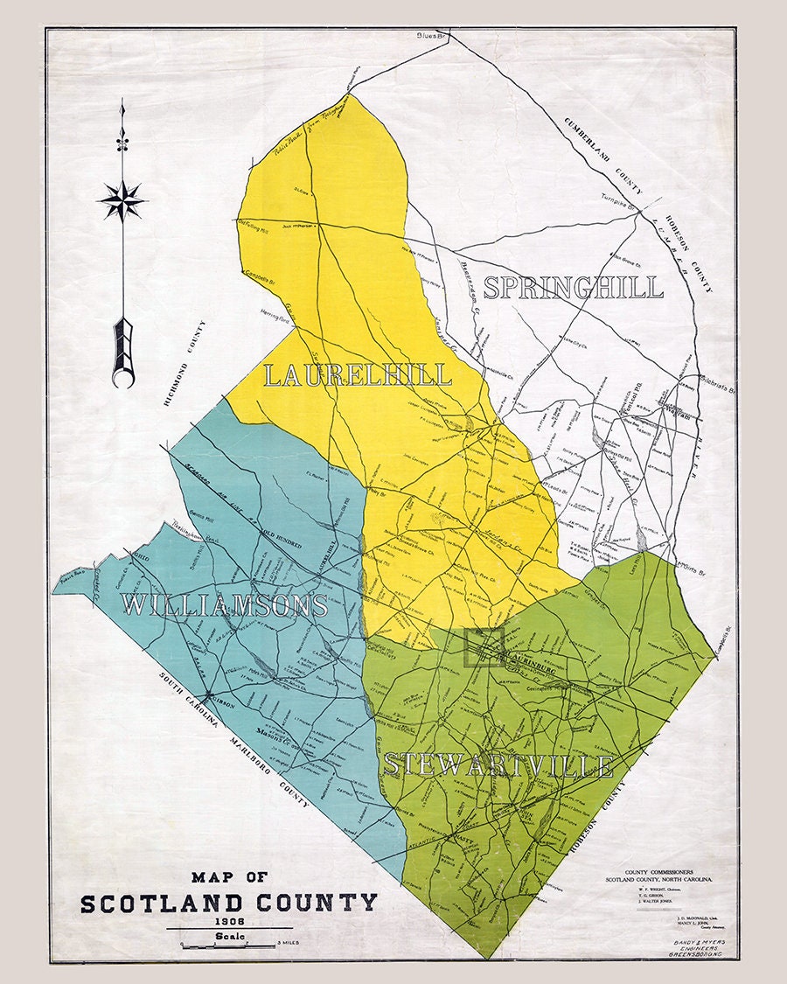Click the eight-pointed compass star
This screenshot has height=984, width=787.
pos(122,200)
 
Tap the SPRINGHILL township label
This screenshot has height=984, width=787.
pos(574,288)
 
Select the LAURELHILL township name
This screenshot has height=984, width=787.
pos(358,375)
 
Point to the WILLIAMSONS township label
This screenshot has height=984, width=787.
pos(225,604)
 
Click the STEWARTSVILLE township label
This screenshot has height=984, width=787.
pos(498,765)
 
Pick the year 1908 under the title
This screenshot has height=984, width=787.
pos(229,922)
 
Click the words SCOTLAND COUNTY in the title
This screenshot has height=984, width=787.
pos(229,903)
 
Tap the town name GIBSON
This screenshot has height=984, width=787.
pos(225,700)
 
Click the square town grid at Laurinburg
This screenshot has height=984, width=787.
pos(484,648)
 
